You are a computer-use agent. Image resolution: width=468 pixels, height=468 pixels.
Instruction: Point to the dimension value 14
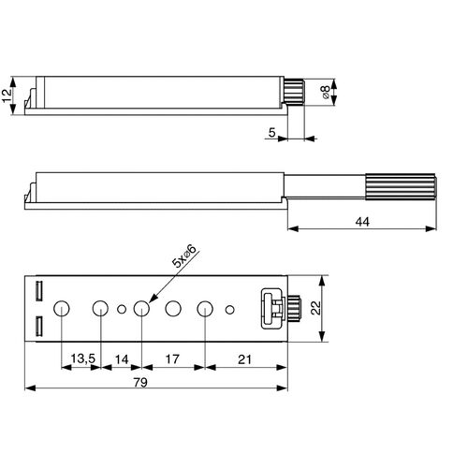click(121, 357)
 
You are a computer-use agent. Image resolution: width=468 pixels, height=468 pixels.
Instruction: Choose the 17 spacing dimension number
click(172, 357)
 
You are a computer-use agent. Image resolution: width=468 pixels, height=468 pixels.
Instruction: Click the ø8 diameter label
click(323, 93)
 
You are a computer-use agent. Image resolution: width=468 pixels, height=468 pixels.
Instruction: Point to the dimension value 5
click(271, 132)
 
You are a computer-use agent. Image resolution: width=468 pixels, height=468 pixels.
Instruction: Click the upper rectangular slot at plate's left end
click(39, 289)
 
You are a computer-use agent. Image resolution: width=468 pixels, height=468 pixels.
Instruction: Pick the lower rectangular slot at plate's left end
click(39, 327)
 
